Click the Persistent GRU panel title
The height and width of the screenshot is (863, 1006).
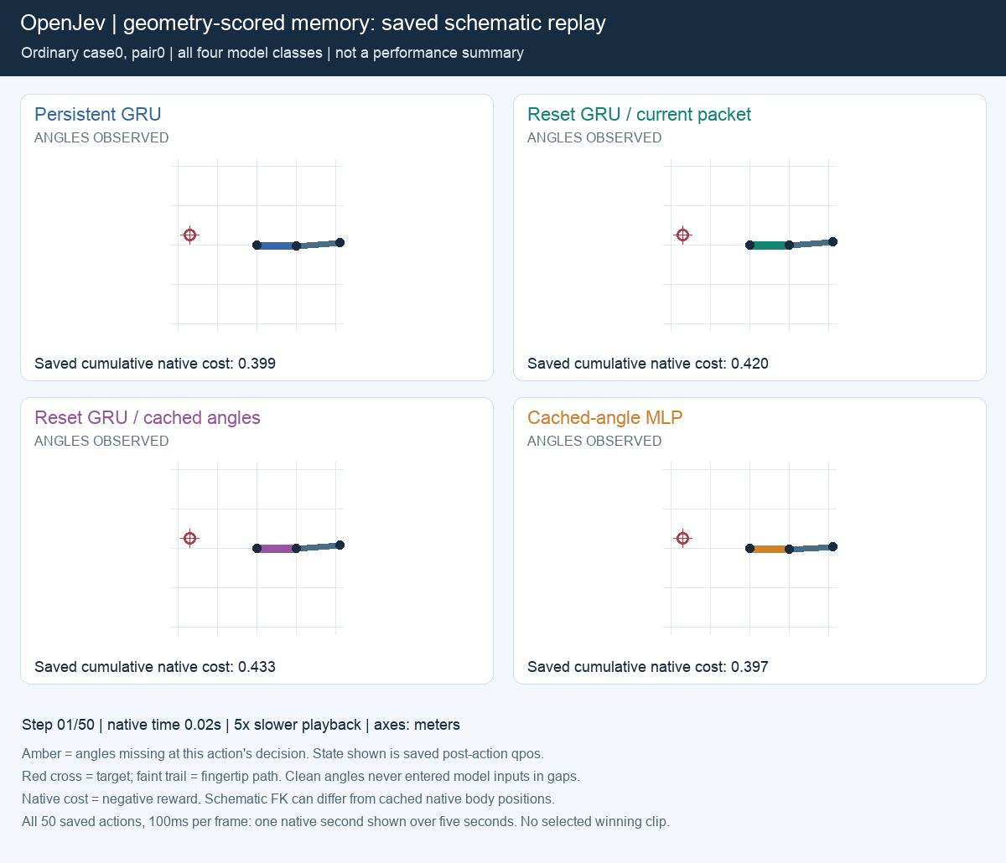click(97, 114)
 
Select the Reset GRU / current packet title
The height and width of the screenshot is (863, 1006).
click(639, 114)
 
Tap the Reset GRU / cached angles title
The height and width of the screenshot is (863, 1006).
click(147, 417)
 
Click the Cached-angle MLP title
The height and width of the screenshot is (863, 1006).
click(604, 417)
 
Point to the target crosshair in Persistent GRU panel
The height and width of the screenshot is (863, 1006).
click(189, 235)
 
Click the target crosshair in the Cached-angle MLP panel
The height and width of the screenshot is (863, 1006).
click(683, 538)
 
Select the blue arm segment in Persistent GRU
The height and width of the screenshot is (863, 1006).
click(277, 245)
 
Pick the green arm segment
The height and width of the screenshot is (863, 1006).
click(770, 245)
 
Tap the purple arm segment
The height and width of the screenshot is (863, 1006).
click(277, 549)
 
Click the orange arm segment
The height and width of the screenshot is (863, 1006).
click(770, 549)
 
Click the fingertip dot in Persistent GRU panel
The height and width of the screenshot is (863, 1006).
click(340, 242)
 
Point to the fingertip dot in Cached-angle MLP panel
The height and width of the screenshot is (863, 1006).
click(832, 547)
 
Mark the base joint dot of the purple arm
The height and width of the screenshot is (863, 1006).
click(257, 549)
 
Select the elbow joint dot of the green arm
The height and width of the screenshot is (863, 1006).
click(790, 245)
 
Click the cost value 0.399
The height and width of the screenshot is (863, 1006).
click(257, 364)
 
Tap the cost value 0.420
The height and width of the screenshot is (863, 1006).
click(749, 364)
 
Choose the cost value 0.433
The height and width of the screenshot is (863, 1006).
click(257, 666)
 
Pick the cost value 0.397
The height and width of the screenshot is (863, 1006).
click(749, 666)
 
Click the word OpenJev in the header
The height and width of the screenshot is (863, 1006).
click(63, 23)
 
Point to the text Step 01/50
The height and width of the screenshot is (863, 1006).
click(58, 725)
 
